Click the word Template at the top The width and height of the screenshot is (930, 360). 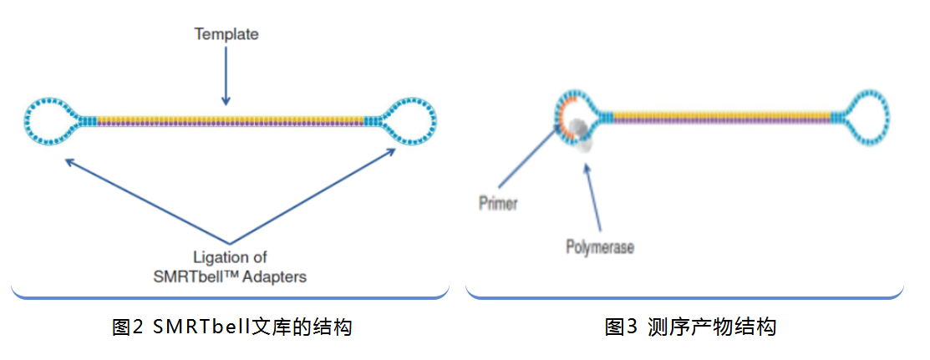pyautogui.click(x=226, y=34)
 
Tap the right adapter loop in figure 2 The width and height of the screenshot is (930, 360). pyautogui.click(x=410, y=122)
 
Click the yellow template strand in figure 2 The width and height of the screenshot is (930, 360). pyautogui.click(x=231, y=118)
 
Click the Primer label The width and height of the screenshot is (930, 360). pyautogui.click(x=499, y=203)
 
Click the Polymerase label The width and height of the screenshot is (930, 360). pyautogui.click(x=600, y=248)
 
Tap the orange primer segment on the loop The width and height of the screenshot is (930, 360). pyautogui.click(x=567, y=114)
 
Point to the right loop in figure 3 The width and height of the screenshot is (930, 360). pyautogui.click(x=866, y=119)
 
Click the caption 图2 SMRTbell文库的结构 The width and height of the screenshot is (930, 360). pyautogui.click(x=231, y=327)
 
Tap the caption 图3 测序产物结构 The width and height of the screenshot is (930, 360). pyautogui.click(x=690, y=327)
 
